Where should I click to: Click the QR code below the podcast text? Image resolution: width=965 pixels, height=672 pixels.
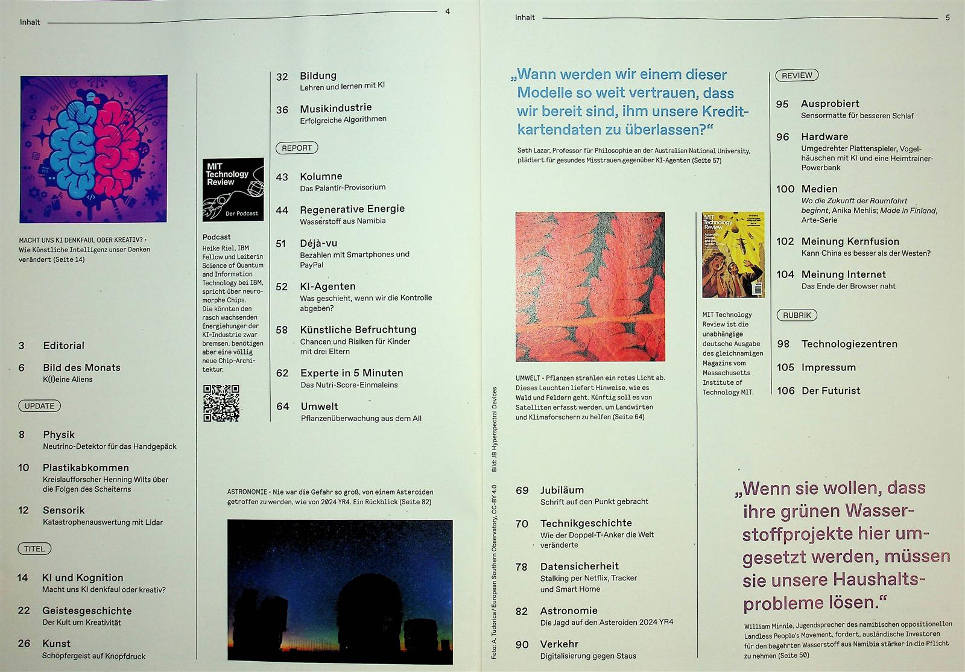coord(221,403)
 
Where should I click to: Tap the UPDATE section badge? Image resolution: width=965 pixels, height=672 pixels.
coord(39,406)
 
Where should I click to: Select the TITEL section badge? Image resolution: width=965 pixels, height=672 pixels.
coord(34,549)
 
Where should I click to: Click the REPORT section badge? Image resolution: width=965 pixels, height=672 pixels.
coord(297,148)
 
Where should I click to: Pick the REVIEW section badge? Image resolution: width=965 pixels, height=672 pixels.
coord(797,75)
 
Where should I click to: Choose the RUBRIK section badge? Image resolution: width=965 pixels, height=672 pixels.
coord(797,315)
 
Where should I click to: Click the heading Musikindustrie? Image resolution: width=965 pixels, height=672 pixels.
coord(335,108)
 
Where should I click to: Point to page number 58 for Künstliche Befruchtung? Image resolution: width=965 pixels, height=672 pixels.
coord(282,330)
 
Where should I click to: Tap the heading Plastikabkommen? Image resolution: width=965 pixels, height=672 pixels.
coord(86,468)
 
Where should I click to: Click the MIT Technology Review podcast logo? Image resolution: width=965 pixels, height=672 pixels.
coord(233,189)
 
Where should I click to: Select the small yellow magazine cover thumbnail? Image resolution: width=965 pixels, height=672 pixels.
coord(733,255)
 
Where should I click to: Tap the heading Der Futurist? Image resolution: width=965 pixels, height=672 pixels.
coord(831,391)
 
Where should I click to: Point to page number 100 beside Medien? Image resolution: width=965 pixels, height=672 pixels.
coord(785,189)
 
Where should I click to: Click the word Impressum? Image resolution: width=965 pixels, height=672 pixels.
coord(829,367)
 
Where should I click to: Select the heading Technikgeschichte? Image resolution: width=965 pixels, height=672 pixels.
coord(586,523)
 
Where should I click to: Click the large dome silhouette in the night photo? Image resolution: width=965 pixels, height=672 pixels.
coord(369,611)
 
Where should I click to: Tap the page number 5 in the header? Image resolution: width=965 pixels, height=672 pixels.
coord(948,17)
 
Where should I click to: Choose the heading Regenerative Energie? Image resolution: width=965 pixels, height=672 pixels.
coord(352,209)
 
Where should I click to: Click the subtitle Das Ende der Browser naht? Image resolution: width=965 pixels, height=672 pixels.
coord(848,286)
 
